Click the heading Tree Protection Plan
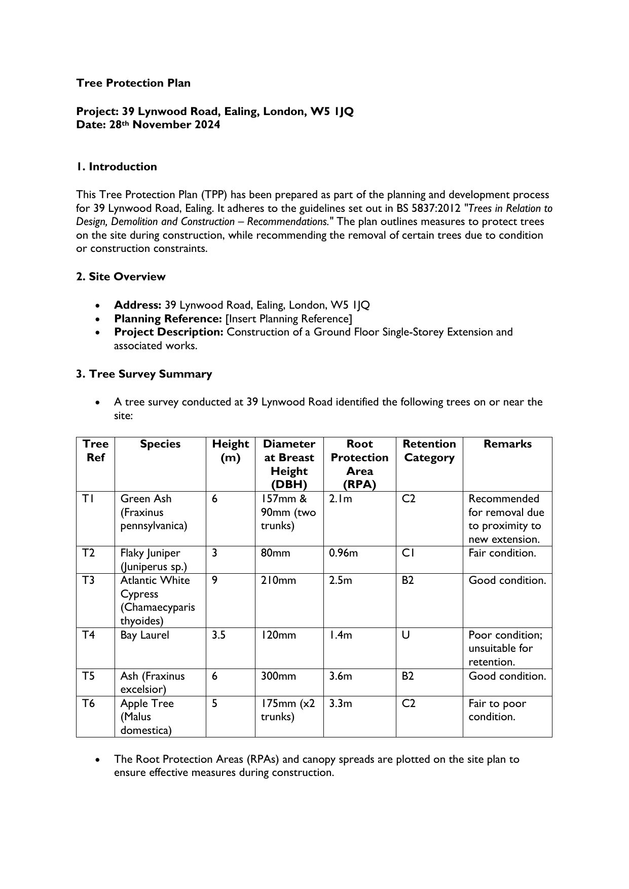tap(133, 83)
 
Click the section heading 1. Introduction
tap(117, 167)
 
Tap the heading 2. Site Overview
tap(121, 277)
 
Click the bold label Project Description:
tap(169, 332)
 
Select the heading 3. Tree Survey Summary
tap(144, 374)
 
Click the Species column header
tap(160, 444)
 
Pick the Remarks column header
tap(507, 444)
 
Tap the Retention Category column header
tap(429, 451)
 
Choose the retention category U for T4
tap(406, 635)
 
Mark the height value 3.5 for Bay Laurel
tap(218, 635)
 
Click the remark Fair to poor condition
tap(497, 710)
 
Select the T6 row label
tap(89, 703)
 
